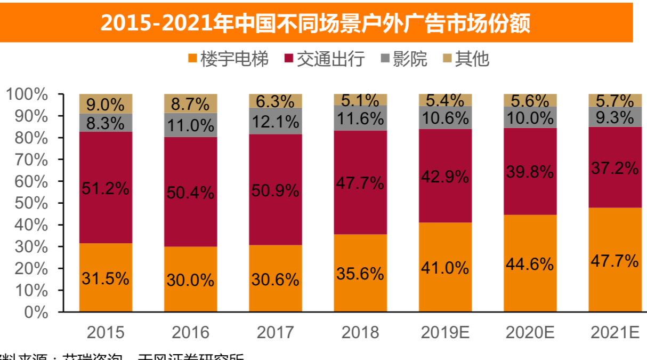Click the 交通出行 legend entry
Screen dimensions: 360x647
(325, 59)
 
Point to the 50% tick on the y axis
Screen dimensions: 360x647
(27, 203)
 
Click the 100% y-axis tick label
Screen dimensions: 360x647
(27, 94)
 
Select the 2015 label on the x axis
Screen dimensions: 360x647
(106, 333)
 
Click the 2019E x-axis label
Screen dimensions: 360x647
(445, 333)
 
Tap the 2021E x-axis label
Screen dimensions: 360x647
(614, 333)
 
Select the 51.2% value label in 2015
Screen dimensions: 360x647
(106, 188)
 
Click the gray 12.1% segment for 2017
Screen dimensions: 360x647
(276, 122)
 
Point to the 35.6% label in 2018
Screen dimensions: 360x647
(360, 274)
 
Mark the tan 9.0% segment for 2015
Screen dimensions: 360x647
(106, 103)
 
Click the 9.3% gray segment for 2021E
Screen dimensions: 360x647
(614, 116)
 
